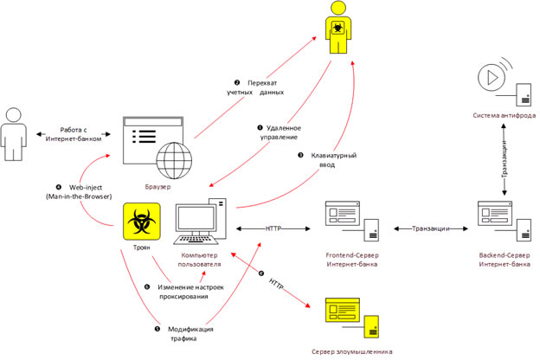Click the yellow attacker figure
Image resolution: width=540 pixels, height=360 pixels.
(x=337, y=28)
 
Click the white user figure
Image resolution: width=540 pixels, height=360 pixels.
(x=14, y=134)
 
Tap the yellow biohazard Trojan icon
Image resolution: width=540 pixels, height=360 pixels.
(x=142, y=222)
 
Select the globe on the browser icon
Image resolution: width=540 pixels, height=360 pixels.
(x=174, y=161)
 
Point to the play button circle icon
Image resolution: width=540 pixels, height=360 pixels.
(x=492, y=78)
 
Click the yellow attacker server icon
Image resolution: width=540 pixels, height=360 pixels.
(x=352, y=318)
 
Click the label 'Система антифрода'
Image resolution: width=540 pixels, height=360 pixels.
(x=505, y=115)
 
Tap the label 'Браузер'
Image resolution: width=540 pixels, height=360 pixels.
(x=157, y=187)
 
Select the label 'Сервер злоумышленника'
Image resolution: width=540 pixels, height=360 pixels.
(x=352, y=351)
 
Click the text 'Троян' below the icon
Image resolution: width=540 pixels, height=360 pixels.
(x=142, y=247)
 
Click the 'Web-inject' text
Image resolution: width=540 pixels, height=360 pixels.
(x=86, y=188)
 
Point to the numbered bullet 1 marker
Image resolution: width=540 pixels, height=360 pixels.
(x=260, y=128)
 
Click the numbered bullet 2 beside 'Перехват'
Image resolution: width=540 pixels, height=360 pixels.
(x=237, y=83)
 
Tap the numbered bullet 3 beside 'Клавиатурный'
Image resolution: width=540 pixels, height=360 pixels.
(x=300, y=156)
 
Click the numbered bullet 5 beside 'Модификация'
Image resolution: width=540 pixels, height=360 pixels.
(x=157, y=329)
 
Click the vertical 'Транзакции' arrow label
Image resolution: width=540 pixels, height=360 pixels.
(x=505, y=159)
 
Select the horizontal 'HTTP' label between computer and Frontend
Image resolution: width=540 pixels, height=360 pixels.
(x=273, y=228)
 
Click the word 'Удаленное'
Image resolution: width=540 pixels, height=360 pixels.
(x=284, y=128)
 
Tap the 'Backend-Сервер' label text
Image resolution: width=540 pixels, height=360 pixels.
(x=505, y=255)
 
